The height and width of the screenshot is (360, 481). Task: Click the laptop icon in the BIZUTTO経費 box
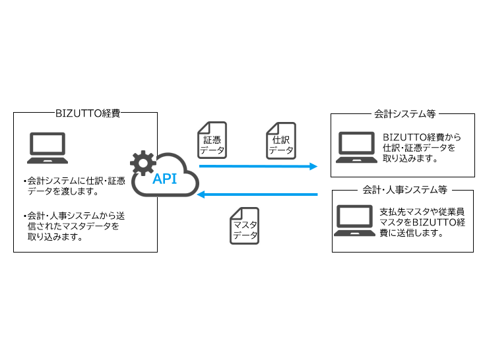pos(48,148)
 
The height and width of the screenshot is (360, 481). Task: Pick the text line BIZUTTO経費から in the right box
pos(421,137)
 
